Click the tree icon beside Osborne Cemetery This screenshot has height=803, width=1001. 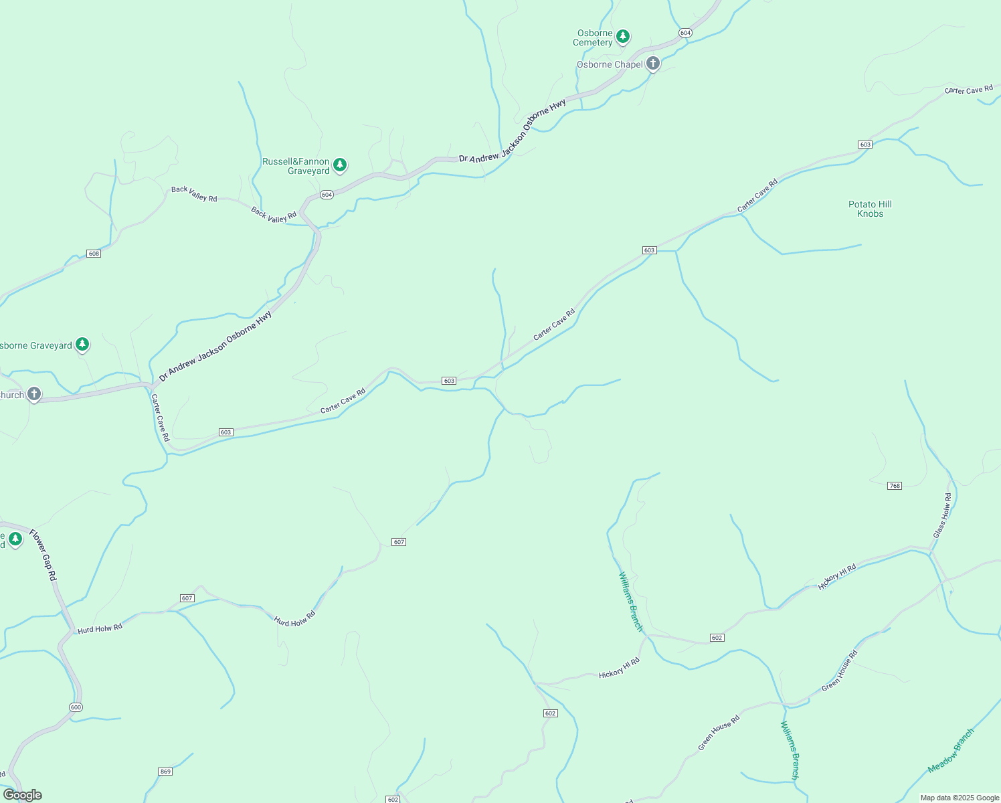click(x=623, y=36)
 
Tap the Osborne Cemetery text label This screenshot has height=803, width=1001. click(x=593, y=37)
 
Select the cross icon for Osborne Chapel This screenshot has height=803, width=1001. click(x=653, y=64)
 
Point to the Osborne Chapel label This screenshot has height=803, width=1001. click(x=610, y=64)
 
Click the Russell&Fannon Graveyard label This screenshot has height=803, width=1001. click(x=296, y=166)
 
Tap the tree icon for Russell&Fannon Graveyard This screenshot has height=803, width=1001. click(x=340, y=165)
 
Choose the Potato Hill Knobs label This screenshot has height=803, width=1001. click(x=870, y=209)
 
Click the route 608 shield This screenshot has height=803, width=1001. click(x=94, y=254)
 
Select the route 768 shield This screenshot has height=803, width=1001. click(x=895, y=486)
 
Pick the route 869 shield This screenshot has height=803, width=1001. click(x=166, y=772)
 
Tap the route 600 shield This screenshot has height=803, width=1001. click(x=76, y=707)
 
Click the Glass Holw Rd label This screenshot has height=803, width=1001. click(x=942, y=515)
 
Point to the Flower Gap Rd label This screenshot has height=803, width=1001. click(x=43, y=555)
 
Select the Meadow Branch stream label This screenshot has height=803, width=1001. click(x=951, y=751)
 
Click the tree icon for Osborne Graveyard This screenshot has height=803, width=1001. click(x=82, y=345)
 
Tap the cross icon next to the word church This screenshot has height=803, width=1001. click(x=34, y=394)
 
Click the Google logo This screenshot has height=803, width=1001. click(x=23, y=795)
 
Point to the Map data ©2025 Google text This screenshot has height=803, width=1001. click(x=960, y=798)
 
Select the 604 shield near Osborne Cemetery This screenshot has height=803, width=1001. click(x=685, y=33)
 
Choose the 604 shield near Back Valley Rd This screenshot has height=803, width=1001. click(x=327, y=195)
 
